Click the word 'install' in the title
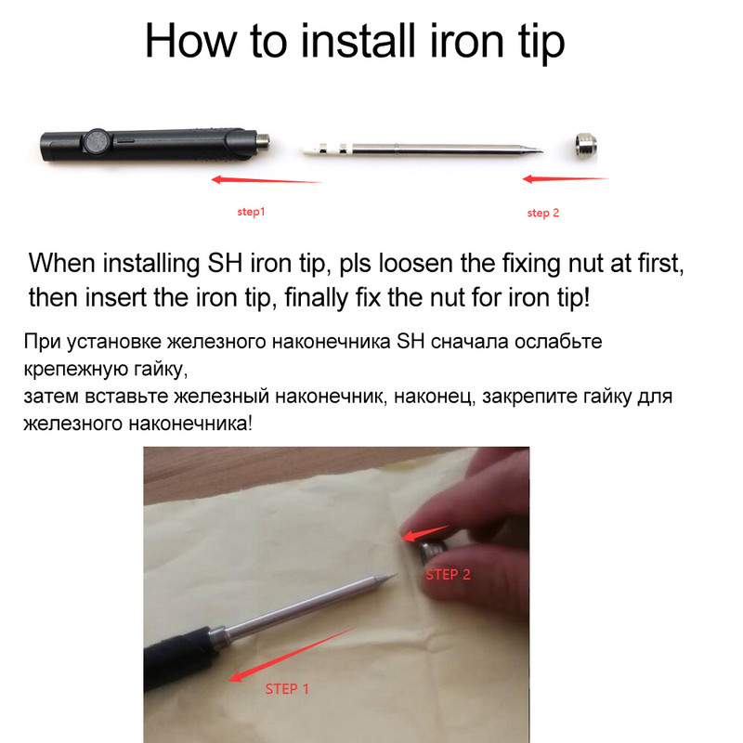coord(358,41)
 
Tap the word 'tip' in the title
coord(541,43)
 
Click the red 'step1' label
coord(251,212)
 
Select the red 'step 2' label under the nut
coord(543,213)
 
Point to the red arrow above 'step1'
coord(267,180)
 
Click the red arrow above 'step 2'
coord(566,178)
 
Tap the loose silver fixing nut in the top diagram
coord(586,145)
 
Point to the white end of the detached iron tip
coord(313,150)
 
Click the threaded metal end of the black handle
coord(263,141)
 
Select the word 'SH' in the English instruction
coord(226,263)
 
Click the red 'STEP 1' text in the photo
coord(287,689)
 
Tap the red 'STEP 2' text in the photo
coord(448,575)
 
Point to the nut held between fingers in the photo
coord(433,551)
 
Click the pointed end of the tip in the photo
coord(397,574)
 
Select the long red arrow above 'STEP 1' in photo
coord(292,655)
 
